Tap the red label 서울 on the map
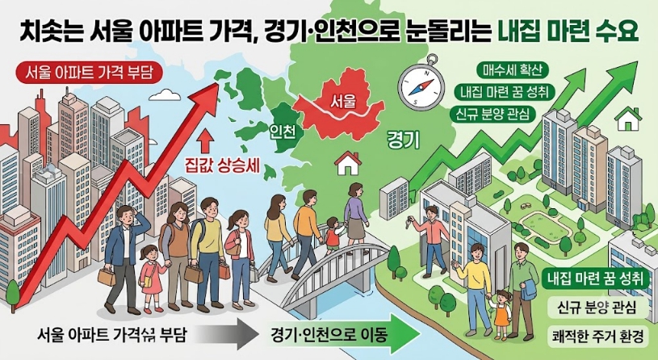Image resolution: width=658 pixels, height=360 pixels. (343, 100)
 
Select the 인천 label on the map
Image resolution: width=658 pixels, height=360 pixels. (281, 132)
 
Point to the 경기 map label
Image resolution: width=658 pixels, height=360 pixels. (403, 141)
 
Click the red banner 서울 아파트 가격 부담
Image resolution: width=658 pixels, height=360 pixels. (89, 73)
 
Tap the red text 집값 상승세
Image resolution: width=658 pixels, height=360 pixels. (222, 166)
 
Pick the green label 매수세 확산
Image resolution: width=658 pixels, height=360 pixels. (506, 70)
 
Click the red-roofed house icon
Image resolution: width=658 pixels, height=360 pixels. (348, 163)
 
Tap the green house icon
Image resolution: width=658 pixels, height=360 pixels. (628, 119)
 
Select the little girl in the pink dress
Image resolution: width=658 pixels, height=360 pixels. (149, 278)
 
